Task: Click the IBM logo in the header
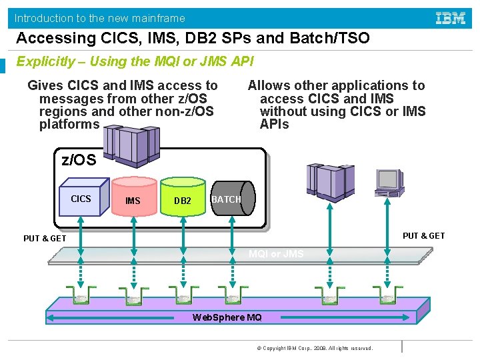pyautogui.click(x=451, y=18)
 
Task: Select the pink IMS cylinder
pyautogui.click(x=133, y=198)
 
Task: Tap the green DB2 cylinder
pyautogui.click(x=182, y=199)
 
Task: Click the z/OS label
pyautogui.click(x=79, y=160)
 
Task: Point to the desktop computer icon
pyautogui.click(x=389, y=179)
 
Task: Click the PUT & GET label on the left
pyautogui.click(x=45, y=239)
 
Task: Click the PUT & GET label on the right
pyautogui.click(x=423, y=235)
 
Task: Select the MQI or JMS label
pyautogui.click(x=275, y=254)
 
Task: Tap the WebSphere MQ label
pyautogui.click(x=227, y=317)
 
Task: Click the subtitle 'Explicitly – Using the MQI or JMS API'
pyautogui.click(x=135, y=61)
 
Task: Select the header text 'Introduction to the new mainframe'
pyautogui.click(x=100, y=18)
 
